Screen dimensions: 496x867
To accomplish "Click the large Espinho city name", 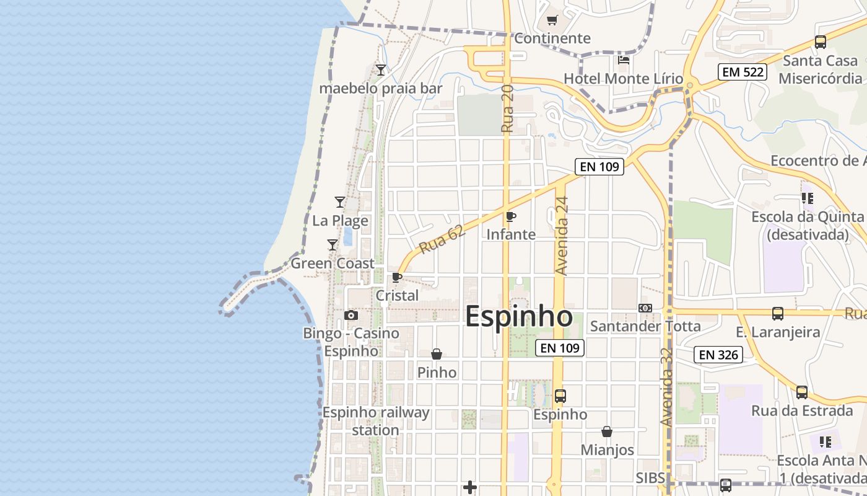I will pyautogui.click(x=518, y=316).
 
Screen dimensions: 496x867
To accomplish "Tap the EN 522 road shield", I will pyautogui.click(x=743, y=72).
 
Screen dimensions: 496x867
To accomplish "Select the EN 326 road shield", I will pyautogui.click(x=718, y=355).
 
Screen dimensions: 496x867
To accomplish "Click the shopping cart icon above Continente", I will pyautogui.click(x=552, y=20).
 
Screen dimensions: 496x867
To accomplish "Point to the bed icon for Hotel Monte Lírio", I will pyautogui.click(x=624, y=60).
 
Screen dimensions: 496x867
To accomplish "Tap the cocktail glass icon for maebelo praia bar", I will pyautogui.click(x=381, y=70).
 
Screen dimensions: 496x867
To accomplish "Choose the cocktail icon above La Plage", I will pyautogui.click(x=339, y=202).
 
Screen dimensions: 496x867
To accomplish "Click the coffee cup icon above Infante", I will pyautogui.click(x=511, y=216).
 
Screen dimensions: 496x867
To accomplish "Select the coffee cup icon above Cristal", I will pyautogui.click(x=397, y=277).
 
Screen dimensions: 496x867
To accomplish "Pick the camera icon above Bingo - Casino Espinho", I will pyautogui.click(x=351, y=316).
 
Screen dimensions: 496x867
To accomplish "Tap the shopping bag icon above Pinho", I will pyautogui.click(x=437, y=354).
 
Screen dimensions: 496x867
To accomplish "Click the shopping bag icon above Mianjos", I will pyautogui.click(x=607, y=432).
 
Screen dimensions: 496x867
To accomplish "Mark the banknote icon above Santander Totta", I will pyautogui.click(x=645, y=308).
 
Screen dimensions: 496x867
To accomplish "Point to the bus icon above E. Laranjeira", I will pyautogui.click(x=778, y=314).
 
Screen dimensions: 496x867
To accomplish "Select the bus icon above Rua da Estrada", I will pyautogui.click(x=802, y=392).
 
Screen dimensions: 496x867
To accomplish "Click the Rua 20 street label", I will pyautogui.click(x=507, y=108).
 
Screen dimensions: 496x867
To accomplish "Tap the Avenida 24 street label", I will pyautogui.click(x=562, y=236).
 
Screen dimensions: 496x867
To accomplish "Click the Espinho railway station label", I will pyautogui.click(x=375, y=421).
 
